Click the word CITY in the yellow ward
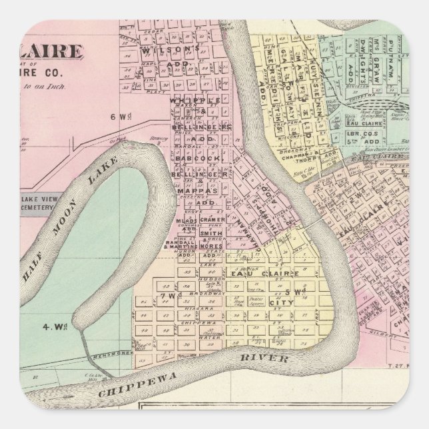point(280,284)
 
